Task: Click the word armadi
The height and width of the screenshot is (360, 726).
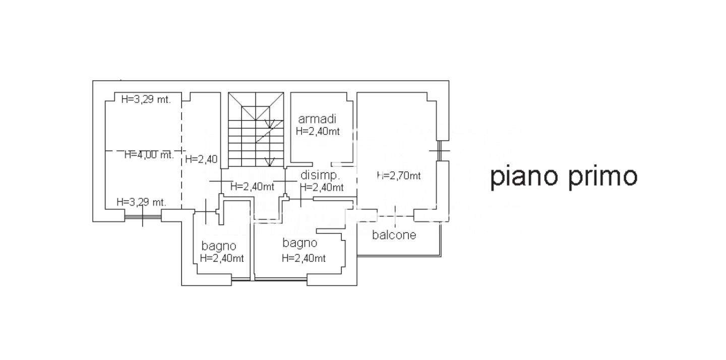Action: pyautogui.click(x=317, y=119)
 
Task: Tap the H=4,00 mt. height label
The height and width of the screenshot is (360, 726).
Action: pyautogui.click(x=149, y=155)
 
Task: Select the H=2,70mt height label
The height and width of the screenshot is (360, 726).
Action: pyautogui.click(x=399, y=175)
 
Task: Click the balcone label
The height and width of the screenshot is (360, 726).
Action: pyautogui.click(x=394, y=234)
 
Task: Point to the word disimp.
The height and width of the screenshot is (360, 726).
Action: pyautogui.click(x=320, y=175)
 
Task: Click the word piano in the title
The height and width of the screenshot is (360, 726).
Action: pyautogui.click(x=524, y=176)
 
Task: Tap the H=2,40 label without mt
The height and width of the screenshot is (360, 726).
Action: pyautogui.click(x=201, y=159)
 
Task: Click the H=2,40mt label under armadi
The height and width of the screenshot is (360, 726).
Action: pyautogui.click(x=318, y=131)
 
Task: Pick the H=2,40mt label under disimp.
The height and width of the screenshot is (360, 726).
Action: pyautogui.click(x=322, y=187)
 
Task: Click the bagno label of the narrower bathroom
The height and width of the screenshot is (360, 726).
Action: pyautogui.click(x=219, y=246)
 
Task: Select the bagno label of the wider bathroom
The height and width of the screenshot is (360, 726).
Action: pyautogui.click(x=300, y=243)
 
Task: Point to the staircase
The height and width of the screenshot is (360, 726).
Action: pyautogui.click(x=256, y=130)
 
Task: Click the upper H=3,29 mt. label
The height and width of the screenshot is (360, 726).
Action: pyautogui.click(x=146, y=99)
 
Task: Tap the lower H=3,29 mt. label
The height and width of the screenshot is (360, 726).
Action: pyautogui.click(x=141, y=202)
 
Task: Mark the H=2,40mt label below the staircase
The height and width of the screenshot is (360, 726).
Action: pyautogui.click(x=252, y=187)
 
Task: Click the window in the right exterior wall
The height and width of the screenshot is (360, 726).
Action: pyautogui.click(x=440, y=151)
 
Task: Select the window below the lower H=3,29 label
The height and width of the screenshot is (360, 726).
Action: pyautogui.click(x=143, y=216)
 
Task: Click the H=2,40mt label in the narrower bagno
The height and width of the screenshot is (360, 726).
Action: pyautogui.click(x=222, y=258)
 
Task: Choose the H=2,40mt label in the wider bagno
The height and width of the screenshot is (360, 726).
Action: pyautogui.click(x=304, y=258)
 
